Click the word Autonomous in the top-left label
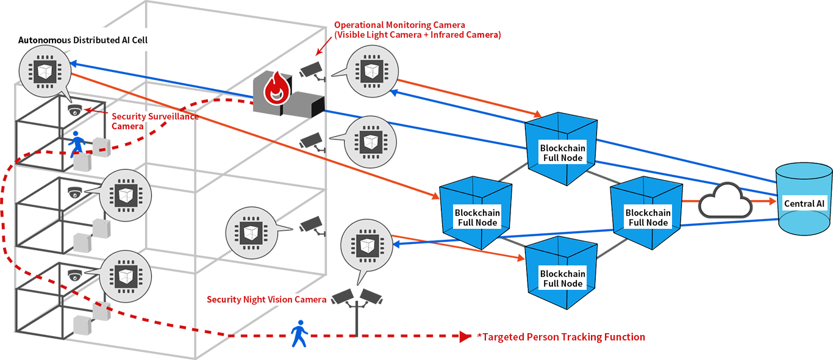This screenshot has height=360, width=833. [x=45, y=40]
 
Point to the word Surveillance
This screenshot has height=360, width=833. [x=172, y=117]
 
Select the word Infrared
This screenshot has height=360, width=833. [x=441, y=35]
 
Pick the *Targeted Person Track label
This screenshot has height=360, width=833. [x=532, y=337]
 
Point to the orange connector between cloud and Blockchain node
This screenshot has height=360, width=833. [x=690, y=201]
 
